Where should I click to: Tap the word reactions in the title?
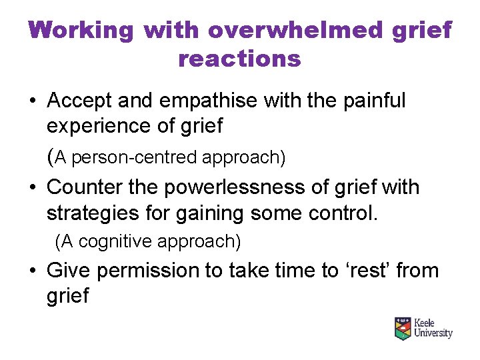tap(239, 59)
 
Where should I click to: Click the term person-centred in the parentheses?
tap(133, 157)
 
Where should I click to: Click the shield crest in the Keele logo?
tap(403, 328)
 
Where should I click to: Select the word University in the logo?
tap(433, 333)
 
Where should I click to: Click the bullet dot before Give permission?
tap(33, 271)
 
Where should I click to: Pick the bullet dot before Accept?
tap(33, 102)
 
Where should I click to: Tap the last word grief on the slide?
tap(67, 295)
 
